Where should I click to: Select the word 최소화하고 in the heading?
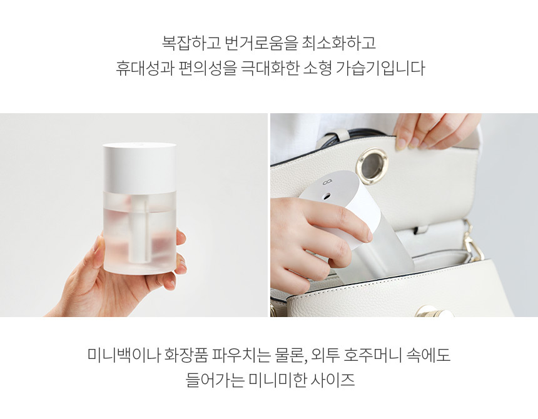coord(339,43)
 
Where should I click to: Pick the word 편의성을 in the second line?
coord(207,68)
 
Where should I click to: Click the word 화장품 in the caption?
coord(186,355)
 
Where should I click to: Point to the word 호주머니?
coord(372,355)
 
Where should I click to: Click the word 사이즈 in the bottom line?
coord(333,380)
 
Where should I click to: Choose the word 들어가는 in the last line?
coord(214,380)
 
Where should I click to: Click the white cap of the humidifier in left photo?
coord(140,167)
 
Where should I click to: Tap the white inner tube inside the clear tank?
coord(141,229)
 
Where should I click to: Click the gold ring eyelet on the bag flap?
coord(372,164)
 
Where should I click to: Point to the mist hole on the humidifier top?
coord(327,196)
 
